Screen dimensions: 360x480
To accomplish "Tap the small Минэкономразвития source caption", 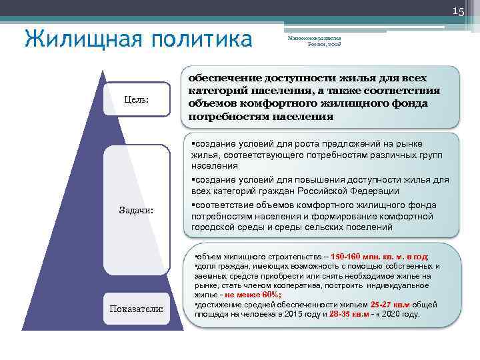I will pyautogui.click(x=313, y=42).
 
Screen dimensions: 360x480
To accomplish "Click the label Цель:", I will pyautogui.click(x=137, y=99).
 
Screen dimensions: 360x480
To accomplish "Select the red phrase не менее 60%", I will pyautogui.click(x=253, y=294).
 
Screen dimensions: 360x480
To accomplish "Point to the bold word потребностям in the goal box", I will pyautogui.click(x=225, y=116).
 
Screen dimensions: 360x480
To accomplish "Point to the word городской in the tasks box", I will pyautogui.click(x=211, y=227).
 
